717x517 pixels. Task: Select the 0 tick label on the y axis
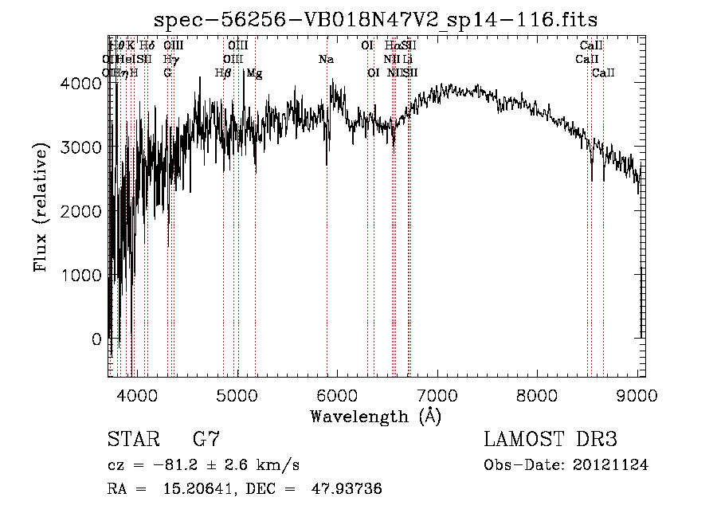tap(96, 339)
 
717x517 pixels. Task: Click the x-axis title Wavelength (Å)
tap(375, 415)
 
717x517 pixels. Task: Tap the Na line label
tap(326, 60)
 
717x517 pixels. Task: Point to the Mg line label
tap(254, 73)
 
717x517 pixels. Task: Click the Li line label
tap(407, 60)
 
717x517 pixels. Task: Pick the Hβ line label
tap(223, 73)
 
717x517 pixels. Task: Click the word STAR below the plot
tap(131, 440)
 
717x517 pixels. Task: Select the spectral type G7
tap(206, 440)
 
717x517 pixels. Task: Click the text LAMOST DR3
tap(550, 440)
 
